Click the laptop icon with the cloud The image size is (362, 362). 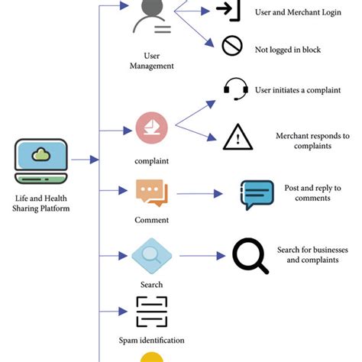tap(41, 160)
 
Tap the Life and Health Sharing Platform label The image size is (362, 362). tap(41, 203)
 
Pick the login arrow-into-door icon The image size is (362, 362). tap(228, 11)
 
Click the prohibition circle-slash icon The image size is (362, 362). tap(231, 47)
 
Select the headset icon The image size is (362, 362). tap(235, 89)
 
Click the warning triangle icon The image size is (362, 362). tap(238, 137)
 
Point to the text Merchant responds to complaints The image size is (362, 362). tap(312, 141)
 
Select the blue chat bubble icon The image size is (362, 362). tap(257, 195)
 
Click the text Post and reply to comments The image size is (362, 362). tap(312, 193)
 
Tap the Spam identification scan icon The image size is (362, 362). tap(151, 312)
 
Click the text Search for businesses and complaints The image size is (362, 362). tap(312, 255)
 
